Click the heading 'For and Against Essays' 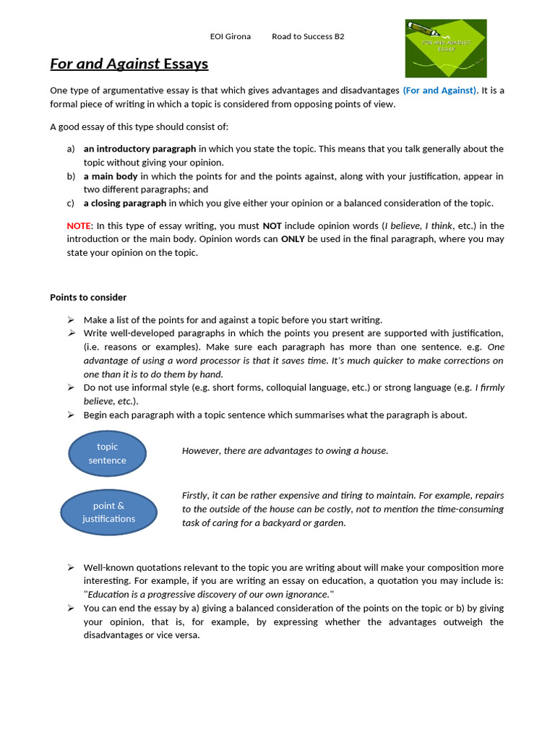click(129, 64)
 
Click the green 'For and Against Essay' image click(445, 48)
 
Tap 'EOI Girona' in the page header click(230, 36)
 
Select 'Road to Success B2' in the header click(308, 36)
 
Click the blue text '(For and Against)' click(439, 90)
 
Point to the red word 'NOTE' click(79, 225)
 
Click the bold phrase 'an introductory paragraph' click(139, 149)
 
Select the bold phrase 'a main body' click(110, 176)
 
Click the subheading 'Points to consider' click(88, 297)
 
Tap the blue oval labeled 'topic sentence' click(107, 453)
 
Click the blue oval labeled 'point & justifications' click(108, 512)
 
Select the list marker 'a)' click(70, 149)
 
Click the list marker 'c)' click(70, 203)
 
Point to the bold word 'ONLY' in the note click(293, 239)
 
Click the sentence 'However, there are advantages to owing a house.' click(285, 451)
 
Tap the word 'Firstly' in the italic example click(194, 496)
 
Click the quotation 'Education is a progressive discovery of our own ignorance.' click(209, 595)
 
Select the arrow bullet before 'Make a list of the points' click(71, 319)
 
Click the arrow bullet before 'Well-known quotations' click(71, 567)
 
